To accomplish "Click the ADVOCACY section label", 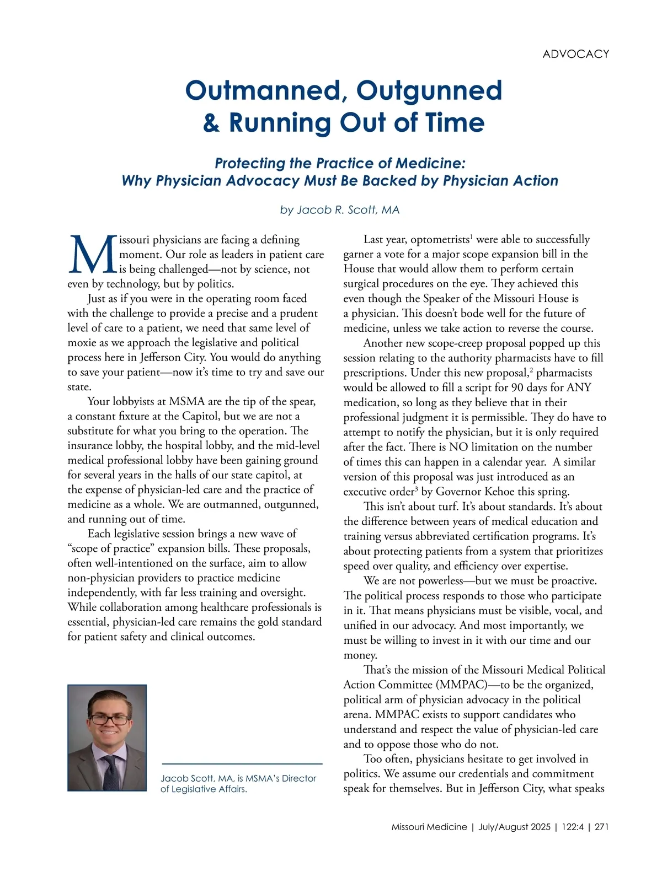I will (575, 54).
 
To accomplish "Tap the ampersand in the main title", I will (211, 123).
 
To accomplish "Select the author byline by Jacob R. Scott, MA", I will (339, 210).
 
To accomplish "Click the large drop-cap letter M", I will (92, 255).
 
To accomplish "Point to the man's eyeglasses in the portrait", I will (109, 719).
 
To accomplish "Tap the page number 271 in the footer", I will (601, 827).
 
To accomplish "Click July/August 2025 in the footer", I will (514, 827).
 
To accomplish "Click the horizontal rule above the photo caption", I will (242, 763).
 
